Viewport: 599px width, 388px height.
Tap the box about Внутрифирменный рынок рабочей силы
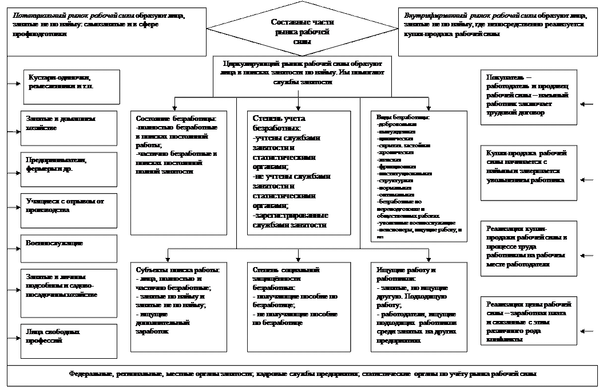pos(495,31)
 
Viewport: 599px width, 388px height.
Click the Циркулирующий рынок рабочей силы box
pos(303,75)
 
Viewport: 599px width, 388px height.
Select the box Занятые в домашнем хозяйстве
pos(68,126)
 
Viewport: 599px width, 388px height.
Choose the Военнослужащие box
pos(68,248)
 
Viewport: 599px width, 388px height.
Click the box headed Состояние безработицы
pos(178,172)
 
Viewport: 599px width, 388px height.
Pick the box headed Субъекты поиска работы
pos(178,307)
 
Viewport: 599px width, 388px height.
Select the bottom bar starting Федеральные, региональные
pos(302,374)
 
